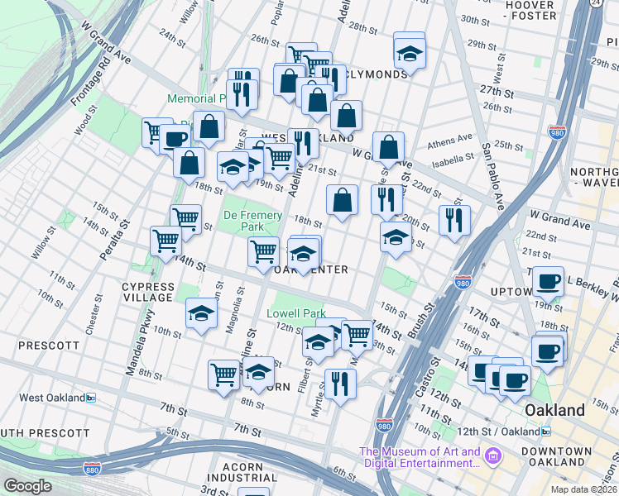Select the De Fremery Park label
[254, 222]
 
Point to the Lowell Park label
[296, 314]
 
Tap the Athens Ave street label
[450, 141]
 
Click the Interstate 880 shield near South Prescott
[92, 469]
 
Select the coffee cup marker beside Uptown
[548, 281]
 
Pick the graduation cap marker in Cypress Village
[201, 313]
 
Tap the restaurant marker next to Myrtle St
[340, 384]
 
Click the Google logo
[27, 486]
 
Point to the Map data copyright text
[583, 489]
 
